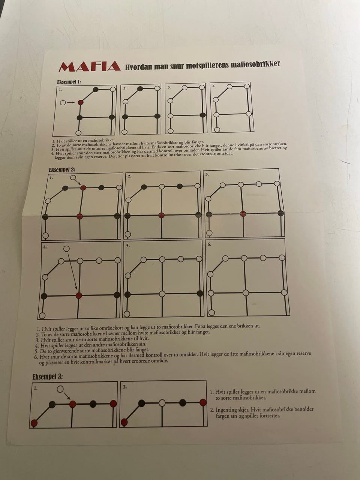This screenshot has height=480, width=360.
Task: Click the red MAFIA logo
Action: [x=89, y=66]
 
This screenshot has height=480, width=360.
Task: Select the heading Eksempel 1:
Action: [x=69, y=82]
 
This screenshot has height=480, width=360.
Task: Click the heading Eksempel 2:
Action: [x=62, y=170]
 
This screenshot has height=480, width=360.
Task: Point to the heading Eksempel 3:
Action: [x=48, y=377]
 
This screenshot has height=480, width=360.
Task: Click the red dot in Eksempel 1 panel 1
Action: [x=81, y=102]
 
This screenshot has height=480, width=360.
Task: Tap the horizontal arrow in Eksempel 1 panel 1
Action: [x=70, y=102]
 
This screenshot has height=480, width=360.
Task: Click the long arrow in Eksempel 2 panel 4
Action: [x=72, y=271]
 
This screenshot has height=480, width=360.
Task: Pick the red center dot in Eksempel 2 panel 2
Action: [x=161, y=215]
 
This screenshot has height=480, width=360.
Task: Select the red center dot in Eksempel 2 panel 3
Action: [x=243, y=214]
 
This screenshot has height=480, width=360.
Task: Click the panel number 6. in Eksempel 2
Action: [x=209, y=244]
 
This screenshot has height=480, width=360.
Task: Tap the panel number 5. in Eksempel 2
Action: [x=128, y=246]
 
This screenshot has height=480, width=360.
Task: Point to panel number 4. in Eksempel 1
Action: [x=214, y=86]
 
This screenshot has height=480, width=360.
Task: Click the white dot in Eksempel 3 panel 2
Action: [x=162, y=403]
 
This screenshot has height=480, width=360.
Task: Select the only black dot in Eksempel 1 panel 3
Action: [x=203, y=115]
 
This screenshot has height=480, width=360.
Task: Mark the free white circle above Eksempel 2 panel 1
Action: [x=73, y=178]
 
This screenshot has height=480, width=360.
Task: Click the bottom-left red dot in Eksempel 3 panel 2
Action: [x=124, y=422]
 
